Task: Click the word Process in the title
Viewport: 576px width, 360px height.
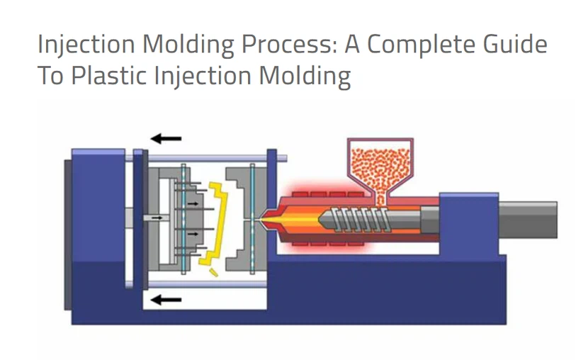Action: click(x=280, y=45)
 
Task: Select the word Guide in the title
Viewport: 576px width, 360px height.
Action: click(x=516, y=45)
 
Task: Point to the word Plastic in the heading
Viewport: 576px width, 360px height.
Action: click(x=110, y=75)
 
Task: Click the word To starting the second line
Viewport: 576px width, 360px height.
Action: click(x=51, y=75)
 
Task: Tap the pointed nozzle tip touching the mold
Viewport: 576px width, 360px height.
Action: click(x=266, y=220)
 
